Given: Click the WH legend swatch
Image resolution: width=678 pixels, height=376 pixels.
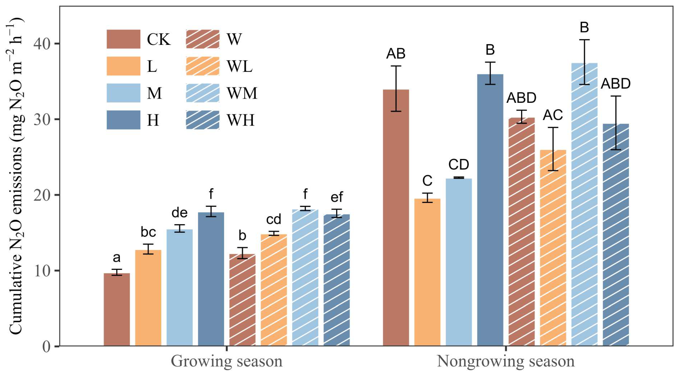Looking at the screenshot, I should click(x=202, y=120).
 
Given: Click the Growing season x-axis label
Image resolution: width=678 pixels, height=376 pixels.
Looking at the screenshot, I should click(x=227, y=362).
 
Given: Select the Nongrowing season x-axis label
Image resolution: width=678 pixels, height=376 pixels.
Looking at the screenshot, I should click(x=506, y=362).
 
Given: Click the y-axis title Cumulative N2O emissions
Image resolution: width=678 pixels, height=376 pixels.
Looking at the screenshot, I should click(x=16, y=176).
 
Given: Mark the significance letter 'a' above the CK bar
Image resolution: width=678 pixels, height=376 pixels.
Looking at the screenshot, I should click(x=117, y=258).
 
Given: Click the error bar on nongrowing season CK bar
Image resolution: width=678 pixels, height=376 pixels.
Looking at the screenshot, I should click(x=396, y=88).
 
